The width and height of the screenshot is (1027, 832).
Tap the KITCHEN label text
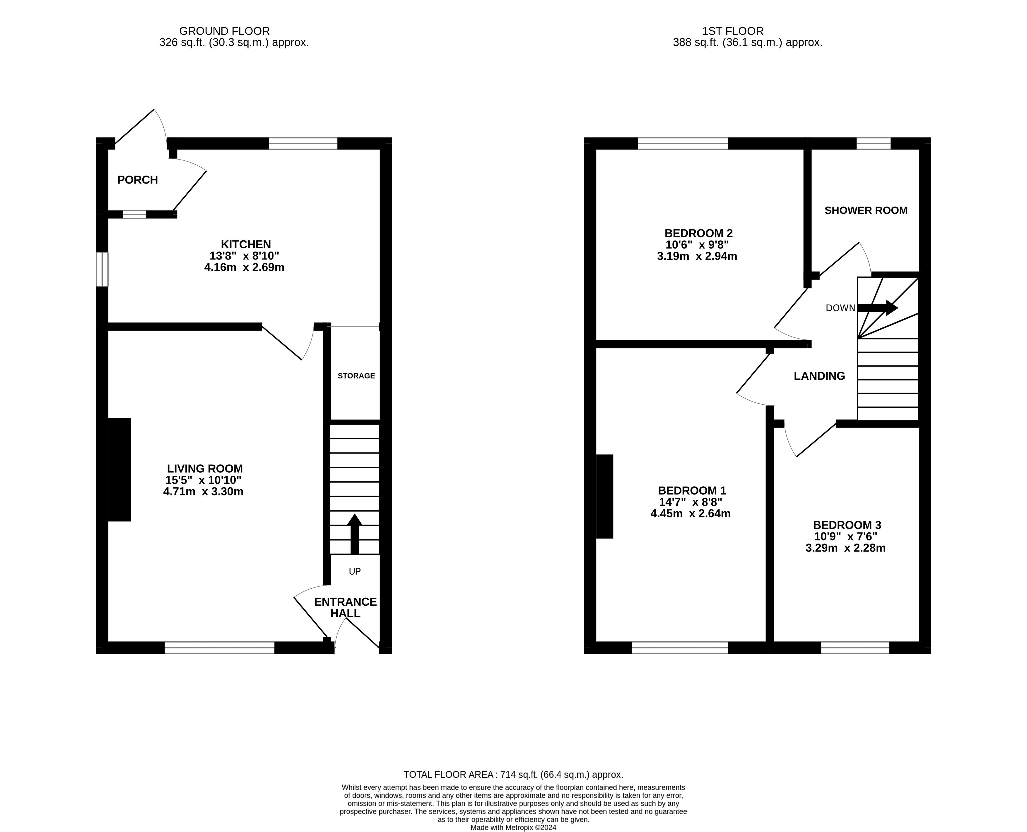point(246,244)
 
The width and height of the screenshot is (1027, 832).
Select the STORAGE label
point(356,376)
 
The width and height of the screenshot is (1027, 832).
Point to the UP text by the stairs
point(355,571)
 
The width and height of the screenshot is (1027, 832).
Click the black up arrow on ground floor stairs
point(354,534)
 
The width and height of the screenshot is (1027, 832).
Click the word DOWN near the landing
point(840,308)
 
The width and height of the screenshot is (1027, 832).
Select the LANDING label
point(819,376)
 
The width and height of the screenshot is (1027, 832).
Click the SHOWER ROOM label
point(866,210)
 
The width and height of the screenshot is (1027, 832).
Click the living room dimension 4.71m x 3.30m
point(204,492)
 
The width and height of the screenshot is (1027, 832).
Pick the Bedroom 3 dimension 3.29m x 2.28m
point(845,548)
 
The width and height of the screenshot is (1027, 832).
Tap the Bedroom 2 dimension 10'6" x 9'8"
point(697,245)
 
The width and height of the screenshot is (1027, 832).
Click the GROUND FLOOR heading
point(225,31)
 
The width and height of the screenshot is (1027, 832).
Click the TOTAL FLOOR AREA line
point(513,775)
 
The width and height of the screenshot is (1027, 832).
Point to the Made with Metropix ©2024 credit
point(513,827)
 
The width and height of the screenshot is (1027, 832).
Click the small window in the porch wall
point(134,214)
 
